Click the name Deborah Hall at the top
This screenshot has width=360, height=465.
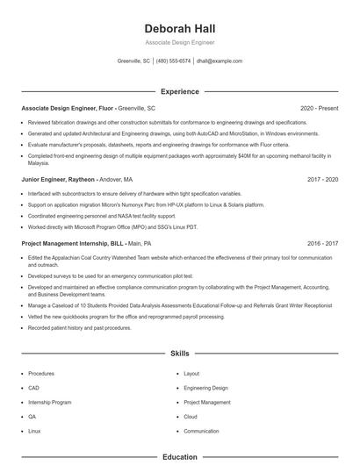coord(179,27)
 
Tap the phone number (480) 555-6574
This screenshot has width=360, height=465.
coord(173,61)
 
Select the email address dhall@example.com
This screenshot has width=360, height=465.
coord(220,61)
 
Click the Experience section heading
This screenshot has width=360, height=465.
coord(179,91)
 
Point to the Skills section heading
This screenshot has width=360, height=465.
coord(179,354)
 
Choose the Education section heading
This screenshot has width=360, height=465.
coord(179,457)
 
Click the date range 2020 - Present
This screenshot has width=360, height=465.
coord(319,108)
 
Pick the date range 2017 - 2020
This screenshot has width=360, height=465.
coord(322,179)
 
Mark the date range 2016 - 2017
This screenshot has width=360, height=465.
coord(322,243)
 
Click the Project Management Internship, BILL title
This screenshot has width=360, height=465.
coord(72,243)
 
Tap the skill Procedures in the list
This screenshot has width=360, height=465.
coord(41,374)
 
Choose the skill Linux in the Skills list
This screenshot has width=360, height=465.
coord(34,432)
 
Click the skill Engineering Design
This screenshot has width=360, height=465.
coord(205,388)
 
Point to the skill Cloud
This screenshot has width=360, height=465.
coord(191,417)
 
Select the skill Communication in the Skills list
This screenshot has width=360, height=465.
coord(201,432)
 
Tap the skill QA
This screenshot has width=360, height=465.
coord(32,417)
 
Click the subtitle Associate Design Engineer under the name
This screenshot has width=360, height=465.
coord(179,42)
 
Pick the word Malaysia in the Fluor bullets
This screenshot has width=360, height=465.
coord(39,163)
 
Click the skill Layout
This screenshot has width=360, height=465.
coord(191,374)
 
